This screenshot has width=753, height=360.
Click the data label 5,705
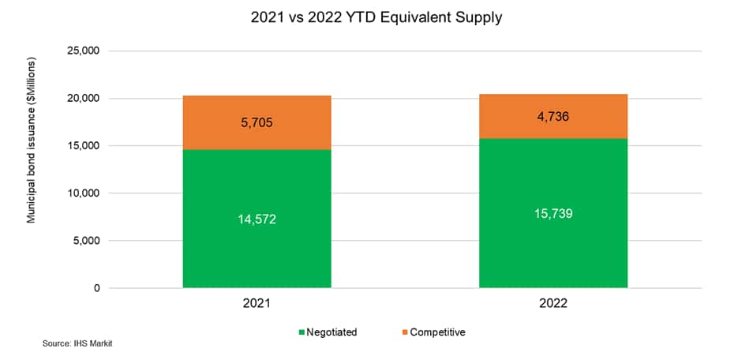(x=257, y=122)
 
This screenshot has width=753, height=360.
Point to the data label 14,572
(x=257, y=219)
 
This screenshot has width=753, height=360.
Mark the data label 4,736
(x=553, y=117)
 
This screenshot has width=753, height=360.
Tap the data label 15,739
(x=553, y=213)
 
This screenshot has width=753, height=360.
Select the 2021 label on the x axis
(x=257, y=303)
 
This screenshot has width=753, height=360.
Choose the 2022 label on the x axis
(x=553, y=303)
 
